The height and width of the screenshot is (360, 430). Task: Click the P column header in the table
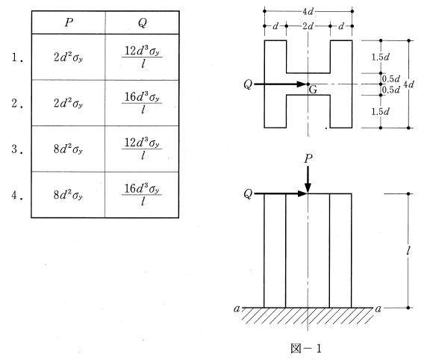pyautogui.click(x=69, y=22)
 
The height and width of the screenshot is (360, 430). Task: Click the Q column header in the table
pyautogui.click(x=143, y=23)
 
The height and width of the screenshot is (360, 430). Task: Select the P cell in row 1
pyautogui.click(x=68, y=57)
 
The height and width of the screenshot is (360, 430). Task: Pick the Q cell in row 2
pyautogui.click(x=142, y=103)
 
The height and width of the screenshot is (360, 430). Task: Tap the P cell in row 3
pyautogui.click(x=68, y=149)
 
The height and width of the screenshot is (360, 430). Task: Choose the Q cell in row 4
pyautogui.click(x=142, y=195)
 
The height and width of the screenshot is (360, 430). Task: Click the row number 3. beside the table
pyautogui.click(x=17, y=149)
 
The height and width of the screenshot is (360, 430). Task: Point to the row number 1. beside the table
pyautogui.click(x=17, y=58)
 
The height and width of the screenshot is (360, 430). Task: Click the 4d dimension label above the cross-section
pyautogui.click(x=308, y=11)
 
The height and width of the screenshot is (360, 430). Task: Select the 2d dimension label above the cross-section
pyautogui.click(x=308, y=26)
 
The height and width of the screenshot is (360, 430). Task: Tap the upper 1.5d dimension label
pyautogui.click(x=381, y=57)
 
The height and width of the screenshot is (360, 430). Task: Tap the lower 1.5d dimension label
pyautogui.click(x=381, y=111)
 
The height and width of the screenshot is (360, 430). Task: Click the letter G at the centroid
pyautogui.click(x=313, y=90)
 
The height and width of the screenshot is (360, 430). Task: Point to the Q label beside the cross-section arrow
pyautogui.click(x=248, y=84)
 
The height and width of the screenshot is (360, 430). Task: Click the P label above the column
pyautogui.click(x=308, y=158)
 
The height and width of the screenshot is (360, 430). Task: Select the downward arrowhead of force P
pyautogui.click(x=308, y=188)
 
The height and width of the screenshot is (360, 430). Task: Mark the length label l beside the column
pyautogui.click(x=408, y=250)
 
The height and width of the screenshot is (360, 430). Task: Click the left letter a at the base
pyautogui.click(x=237, y=309)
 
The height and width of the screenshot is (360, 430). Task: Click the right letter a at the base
pyautogui.click(x=378, y=309)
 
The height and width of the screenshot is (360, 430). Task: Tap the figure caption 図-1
pyautogui.click(x=306, y=349)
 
